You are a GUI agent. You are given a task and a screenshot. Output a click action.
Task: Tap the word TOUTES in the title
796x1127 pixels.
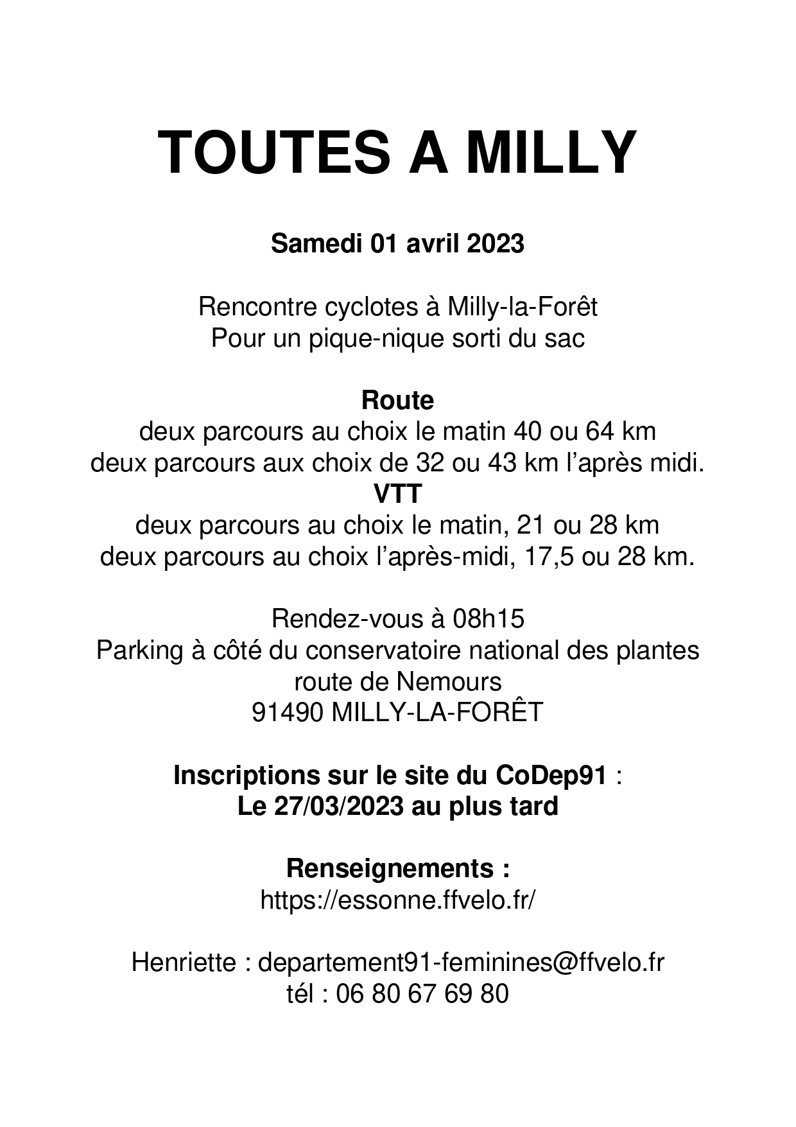point(274,153)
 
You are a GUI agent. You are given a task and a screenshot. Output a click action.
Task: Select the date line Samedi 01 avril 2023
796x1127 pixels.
point(397,244)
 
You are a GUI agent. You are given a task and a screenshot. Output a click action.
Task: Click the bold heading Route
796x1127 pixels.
point(397,400)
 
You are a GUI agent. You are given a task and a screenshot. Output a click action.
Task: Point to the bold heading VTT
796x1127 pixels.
point(397,494)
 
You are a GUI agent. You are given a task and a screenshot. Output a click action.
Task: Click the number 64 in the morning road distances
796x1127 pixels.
point(600,431)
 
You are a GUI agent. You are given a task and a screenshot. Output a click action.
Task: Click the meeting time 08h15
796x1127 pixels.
point(488,618)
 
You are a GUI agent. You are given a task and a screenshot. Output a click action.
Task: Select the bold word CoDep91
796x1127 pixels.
point(551,775)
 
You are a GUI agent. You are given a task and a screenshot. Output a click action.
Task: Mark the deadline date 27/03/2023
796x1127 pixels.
point(339,806)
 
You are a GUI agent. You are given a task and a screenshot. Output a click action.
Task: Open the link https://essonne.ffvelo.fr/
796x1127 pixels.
point(397,900)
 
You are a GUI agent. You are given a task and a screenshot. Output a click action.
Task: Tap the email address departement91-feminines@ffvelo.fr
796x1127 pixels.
point(460,963)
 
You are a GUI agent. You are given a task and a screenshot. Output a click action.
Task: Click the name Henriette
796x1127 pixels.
point(184,963)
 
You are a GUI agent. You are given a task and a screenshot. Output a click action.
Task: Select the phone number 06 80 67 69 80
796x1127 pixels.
point(422,993)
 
